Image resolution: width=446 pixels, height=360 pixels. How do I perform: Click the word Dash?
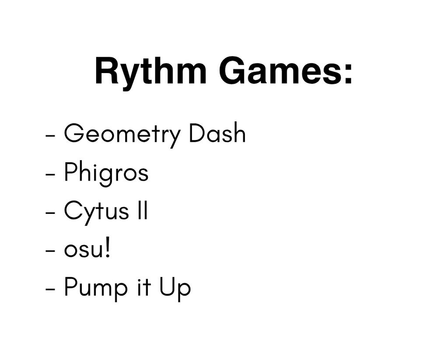click(x=217, y=133)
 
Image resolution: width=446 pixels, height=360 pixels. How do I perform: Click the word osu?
click(x=83, y=250)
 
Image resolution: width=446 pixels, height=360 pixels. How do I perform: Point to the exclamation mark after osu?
click(x=107, y=248)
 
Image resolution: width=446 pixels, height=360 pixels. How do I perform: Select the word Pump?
click(x=96, y=289)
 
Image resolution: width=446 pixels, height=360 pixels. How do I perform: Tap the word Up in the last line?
click(x=174, y=289)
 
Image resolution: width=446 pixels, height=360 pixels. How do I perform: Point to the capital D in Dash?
click(x=197, y=133)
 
